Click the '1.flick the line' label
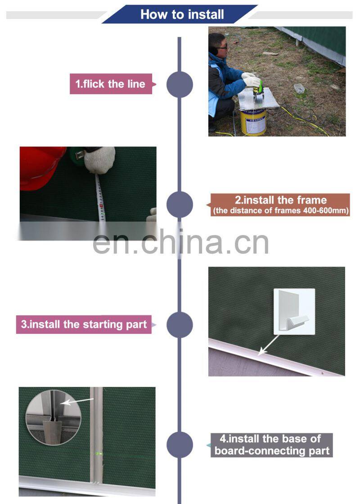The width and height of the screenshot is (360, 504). pyautogui.click(x=111, y=84)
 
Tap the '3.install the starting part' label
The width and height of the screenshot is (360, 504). pyautogui.click(x=84, y=324)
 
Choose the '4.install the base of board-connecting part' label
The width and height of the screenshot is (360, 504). pyautogui.click(x=272, y=445)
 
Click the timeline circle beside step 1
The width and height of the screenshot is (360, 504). pyautogui.click(x=180, y=84)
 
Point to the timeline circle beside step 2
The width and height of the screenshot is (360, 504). pyautogui.click(x=180, y=204)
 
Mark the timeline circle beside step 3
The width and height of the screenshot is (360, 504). pyautogui.click(x=180, y=325)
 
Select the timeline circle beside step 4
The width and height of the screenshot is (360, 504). pyautogui.click(x=180, y=445)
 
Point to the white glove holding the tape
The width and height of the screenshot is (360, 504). pyautogui.click(x=100, y=160)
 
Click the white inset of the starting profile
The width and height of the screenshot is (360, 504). pyautogui.click(x=294, y=312)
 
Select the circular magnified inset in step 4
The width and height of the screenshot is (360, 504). pyautogui.click(x=53, y=418)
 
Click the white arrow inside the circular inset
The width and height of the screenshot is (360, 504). pyautogui.click(x=77, y=401)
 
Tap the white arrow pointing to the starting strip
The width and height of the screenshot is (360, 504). pyautogui.click(x=269, y=345)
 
